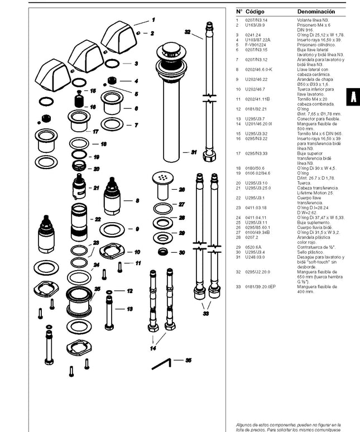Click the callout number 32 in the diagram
(x=188, y=32)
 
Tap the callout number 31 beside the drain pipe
(x=194, y=152)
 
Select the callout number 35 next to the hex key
(x=188, y=361)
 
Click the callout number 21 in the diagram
(x=96, y=188)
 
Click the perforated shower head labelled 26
(x=163, y=179)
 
